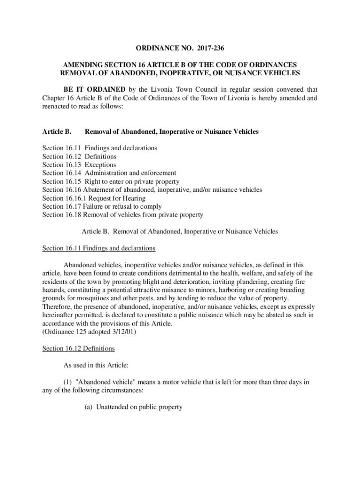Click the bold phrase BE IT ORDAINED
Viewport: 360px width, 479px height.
[x=94, y=90]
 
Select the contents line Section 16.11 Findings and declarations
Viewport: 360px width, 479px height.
[x=100, y=148]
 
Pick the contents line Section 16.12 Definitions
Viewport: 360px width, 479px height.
[x=79, y=156]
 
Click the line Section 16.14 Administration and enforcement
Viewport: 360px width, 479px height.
[x=109, y=173]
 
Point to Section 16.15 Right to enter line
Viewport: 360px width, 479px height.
[x=110, y=181]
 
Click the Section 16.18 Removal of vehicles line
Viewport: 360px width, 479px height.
[x=122, y=215]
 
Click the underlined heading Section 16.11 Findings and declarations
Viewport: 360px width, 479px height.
[x=99, y=248]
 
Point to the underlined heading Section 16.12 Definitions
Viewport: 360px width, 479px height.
[x=78, y=349]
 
